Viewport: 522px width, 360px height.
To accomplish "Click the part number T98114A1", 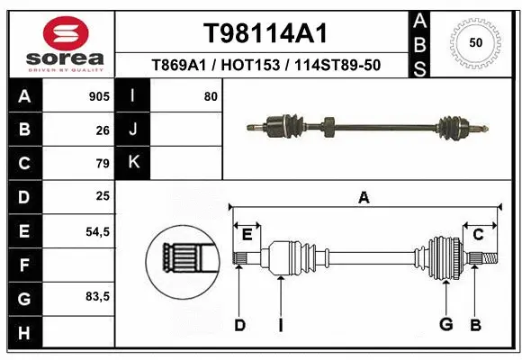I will coord(264,33).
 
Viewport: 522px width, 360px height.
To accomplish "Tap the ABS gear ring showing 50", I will coord(474,42).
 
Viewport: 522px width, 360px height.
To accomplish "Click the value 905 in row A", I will coord(99,96).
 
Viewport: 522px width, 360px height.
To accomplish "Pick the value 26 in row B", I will coord(103,130).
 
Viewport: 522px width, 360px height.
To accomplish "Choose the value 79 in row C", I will coord(103,163).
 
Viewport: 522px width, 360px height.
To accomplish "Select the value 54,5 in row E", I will coord(97,231).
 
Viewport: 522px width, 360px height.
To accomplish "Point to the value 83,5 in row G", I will coord(97,297).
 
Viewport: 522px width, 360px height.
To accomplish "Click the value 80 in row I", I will coord(211,96).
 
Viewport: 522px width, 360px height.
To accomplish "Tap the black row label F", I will coord(23,265).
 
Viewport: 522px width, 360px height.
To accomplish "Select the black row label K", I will coord(133,162).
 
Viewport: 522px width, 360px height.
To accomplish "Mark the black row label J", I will coord(133,130).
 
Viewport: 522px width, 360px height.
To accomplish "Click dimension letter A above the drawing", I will coord(364,198).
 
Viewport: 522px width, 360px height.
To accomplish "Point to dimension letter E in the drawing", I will coord(247,235).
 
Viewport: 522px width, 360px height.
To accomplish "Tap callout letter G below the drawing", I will coord(445,325).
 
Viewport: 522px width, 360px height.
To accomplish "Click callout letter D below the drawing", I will coord(239,325).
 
